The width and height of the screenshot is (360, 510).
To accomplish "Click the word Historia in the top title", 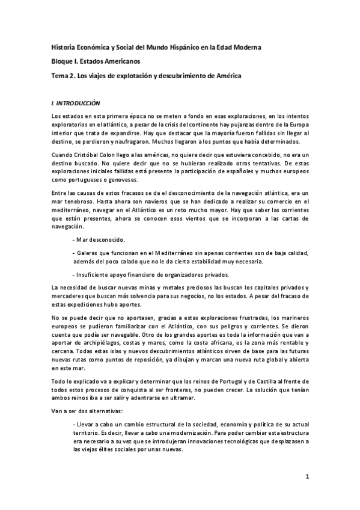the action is point(63,46).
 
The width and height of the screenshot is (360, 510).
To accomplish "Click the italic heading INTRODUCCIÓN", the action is point(79,103).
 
